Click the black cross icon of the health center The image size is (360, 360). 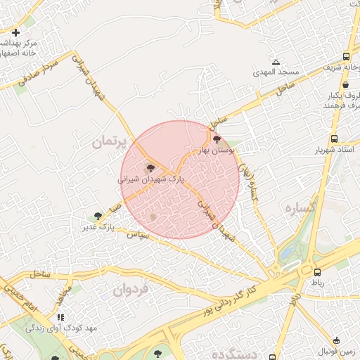pos(16,32)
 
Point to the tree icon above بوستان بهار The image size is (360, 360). pos(216,140)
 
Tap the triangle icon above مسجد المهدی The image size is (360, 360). pos(276,62)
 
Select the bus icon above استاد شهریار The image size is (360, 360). pos(334,139)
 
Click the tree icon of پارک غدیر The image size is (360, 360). pos(98,216)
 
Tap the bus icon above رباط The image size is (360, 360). pos(318,271)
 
